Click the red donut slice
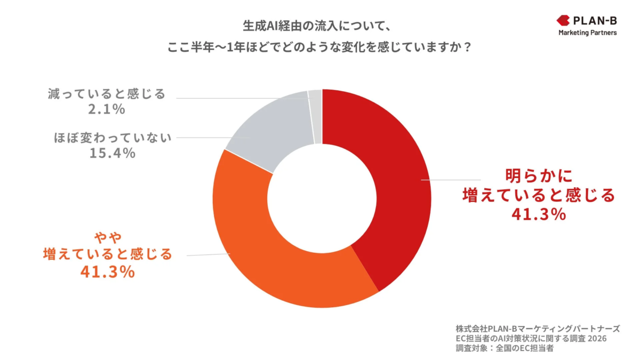coord(389,176)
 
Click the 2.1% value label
coord(107,110)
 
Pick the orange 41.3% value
coord(107,271)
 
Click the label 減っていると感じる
coord(106,94)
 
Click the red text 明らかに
coord(538,176)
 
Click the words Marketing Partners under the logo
coord(587,33)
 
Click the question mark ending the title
coord(467,46)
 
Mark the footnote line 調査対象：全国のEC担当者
coord(505,349)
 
